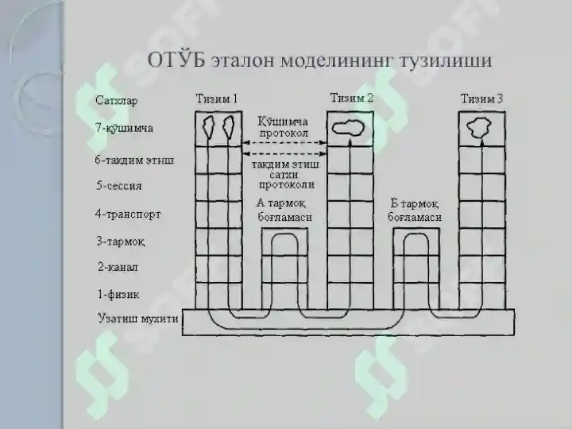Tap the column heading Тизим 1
[x=217, y=99]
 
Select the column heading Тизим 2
[x=352, y=98]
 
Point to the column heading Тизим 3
[x=481, y=99]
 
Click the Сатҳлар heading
[x=116, y=100]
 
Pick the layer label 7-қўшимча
[x=124, y=128]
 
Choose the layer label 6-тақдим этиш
[x=134, y=160]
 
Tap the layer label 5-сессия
[x=119, y=186]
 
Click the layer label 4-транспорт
[x=128, y=214]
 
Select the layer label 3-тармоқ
[x=121, y=242]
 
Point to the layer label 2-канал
[x=118, y=267]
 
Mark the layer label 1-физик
[x=118, y=294]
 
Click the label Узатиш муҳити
[x=138, y=319]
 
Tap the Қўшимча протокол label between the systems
[x=284, y=127]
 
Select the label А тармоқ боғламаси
[x=284, y=210]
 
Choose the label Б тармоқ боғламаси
[x=415, y=210]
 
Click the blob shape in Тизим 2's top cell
[x=348, y=128]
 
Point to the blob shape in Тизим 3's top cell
[x=479, y=128]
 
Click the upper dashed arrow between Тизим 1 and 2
[x=284, y=143]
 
